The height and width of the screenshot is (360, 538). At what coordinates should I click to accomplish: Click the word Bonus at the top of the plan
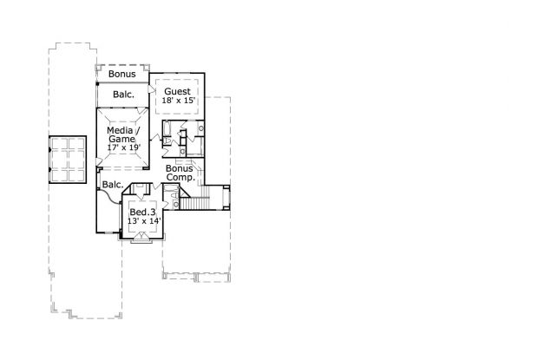tap(122, 74)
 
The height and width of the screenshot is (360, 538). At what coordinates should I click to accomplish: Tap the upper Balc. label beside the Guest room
tap(123, 95)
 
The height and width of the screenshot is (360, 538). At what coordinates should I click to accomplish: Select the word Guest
tap(177, 92)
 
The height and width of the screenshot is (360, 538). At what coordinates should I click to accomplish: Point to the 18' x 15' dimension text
tap(179, 101)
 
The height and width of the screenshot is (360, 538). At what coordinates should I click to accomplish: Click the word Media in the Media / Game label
tap(120, 130)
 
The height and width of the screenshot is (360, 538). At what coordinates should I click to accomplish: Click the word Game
tap(122, 139)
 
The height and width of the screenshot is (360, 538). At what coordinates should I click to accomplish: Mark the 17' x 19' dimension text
tap(124, 147)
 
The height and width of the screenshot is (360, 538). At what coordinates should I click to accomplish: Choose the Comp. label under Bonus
tap(180, 177)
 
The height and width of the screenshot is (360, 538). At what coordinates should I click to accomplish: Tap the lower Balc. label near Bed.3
tap(113, 185)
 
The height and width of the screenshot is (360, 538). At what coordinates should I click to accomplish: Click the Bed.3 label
tap(142, 213)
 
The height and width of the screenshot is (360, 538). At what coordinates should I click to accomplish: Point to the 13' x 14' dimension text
tap(144, 221)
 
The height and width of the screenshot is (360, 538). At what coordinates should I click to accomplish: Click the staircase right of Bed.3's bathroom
tap(194, 202)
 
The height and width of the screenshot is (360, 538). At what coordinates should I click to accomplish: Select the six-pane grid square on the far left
tap(68, 160)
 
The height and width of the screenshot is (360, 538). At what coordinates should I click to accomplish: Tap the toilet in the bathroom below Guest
tap(167, 141)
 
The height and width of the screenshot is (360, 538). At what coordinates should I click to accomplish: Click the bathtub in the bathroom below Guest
tap(167, 128)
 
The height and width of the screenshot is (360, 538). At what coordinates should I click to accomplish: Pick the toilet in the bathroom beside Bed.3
tap(174, 195)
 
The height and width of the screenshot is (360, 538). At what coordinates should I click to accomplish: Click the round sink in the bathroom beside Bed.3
tap(176, 205)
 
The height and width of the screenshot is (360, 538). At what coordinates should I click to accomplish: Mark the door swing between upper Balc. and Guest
tap(152, 89)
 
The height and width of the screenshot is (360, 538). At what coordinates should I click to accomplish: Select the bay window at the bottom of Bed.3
tap(141, 238)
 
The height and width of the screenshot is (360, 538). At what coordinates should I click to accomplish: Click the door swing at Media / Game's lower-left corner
tap(99, 162)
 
